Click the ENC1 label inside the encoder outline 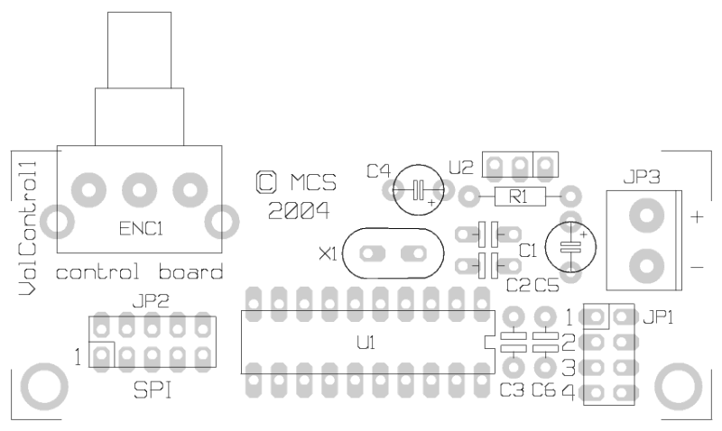(x=141, y=229)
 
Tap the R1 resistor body (x=520, y=197)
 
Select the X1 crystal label (x=329, y=254)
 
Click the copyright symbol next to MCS (x=266, y=182)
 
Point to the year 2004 (x=299, y=211)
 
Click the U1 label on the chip (x=366, y=343)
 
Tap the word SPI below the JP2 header (x=153, y=390)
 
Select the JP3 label (x=642, y=177)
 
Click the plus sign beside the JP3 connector (x=697, y=216)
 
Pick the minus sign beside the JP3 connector (x=697, y=267)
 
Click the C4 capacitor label (x=378, y=171)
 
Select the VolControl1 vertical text (x=27, y=228)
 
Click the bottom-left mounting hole (x=44, y=387)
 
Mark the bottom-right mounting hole (x=679, y=387)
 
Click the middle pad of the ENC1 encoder (x=140, y=190)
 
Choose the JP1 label (x=658, y=317)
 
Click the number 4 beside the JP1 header (x=569, y=392)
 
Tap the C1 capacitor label (x=528, y=251)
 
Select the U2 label (x=461, y=168)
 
